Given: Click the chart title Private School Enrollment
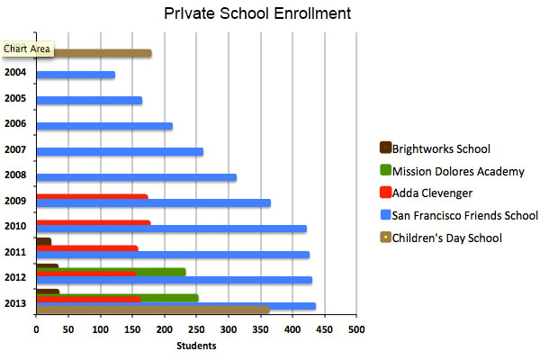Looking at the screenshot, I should pyautogui.click(x=257, y=14).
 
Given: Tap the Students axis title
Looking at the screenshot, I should pyautogui.click(x=195, y=345).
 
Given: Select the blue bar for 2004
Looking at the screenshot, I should pyautogui.click(x=76, y=75).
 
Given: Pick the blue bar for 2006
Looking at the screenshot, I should pyautogui.click(x=104, y=126).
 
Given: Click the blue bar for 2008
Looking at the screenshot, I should pyautogui.click(x=136, y=177).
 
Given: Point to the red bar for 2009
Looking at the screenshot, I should pyautogui.click(x=92, y=196).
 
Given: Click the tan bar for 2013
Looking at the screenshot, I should pyautogui.click(x=153, y=310).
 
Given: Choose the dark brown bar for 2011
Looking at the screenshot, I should pyautogui.click(x=43, y=241).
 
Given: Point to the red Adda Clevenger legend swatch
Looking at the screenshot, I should pyautogui.click(x=386, y=193).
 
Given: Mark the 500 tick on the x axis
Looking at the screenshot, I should pyautogui.click(x=357, y=329).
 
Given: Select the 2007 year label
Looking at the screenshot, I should pyautogui.click(x=15, y=149).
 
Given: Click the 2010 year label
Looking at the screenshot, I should pyautogui.click(x=15, y=226).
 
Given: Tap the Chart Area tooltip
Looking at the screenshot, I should pyautogui.click(x=27, y=49).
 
